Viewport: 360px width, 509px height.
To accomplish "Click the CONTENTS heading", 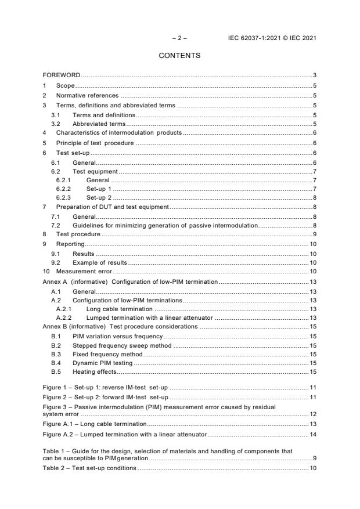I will coord(179,56).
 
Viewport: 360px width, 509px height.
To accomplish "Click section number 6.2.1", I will coord(63,180).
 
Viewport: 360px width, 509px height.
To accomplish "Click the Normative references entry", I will coord(87,95).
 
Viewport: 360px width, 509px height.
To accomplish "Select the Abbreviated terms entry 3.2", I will coord(99,124).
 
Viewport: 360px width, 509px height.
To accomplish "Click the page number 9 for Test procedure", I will coord(314,234).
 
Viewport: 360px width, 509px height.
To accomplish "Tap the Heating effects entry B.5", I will coord(94,371).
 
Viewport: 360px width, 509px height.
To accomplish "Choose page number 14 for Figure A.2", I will coord(312,434).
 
